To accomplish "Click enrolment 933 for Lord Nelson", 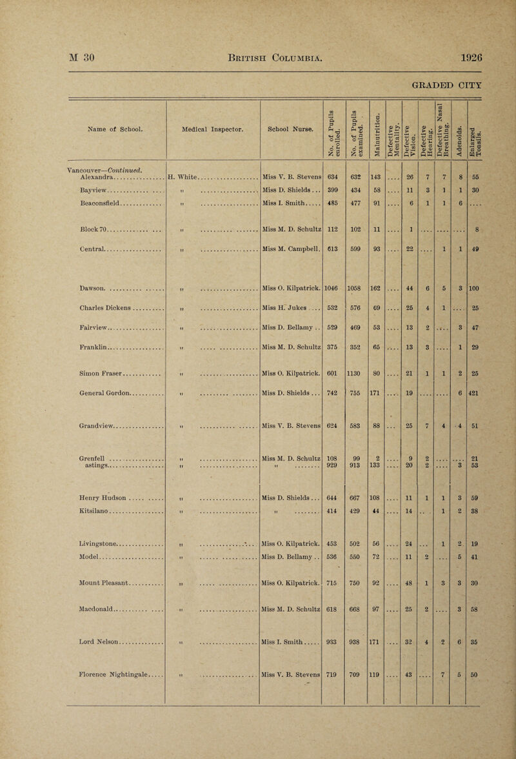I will point(335,645).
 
